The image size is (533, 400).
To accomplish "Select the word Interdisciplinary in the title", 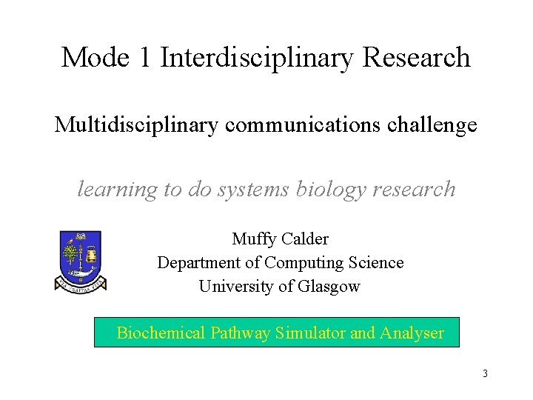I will coord(255,57).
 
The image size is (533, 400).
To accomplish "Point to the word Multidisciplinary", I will coord(135,125).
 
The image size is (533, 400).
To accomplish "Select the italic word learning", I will coord(118,190).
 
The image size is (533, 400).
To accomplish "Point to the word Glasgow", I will coord(331,286).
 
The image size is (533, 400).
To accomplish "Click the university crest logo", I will coord(80,260).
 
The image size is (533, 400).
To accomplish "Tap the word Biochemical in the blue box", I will coord(161,333).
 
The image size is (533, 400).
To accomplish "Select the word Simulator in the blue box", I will coord(310,333).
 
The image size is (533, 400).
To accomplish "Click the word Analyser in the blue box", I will coord(412,333).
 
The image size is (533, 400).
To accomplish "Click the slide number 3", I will coord(485,373).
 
